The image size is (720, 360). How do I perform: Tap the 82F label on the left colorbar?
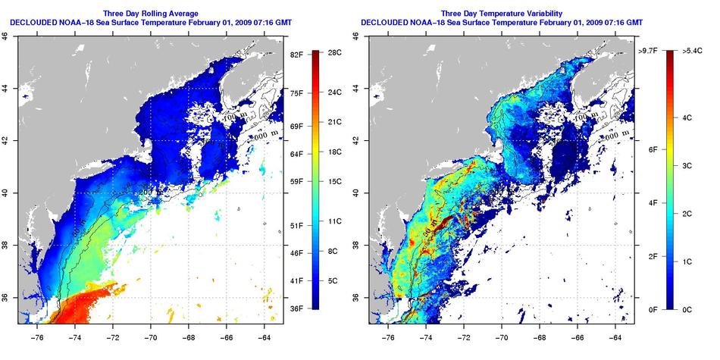click(296, 55)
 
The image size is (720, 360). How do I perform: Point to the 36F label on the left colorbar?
click(296, 308)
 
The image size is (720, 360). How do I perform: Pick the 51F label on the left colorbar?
click(296, 225)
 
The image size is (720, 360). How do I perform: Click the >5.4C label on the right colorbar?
click(690, 51)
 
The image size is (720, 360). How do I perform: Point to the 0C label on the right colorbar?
click(687, 308)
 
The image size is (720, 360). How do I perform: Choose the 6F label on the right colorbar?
click(651, 149)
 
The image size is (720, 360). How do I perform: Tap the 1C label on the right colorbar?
click(687, 261)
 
